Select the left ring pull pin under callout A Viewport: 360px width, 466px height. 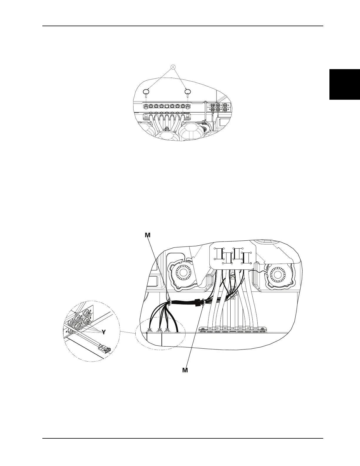(146, 92)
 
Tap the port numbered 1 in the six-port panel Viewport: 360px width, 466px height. (213, 105)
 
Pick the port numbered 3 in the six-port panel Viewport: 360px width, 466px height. (225, 105)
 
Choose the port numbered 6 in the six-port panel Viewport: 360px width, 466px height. (225, 110)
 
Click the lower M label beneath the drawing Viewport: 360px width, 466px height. (185, 370)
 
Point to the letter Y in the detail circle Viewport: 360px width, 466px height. (104, 332)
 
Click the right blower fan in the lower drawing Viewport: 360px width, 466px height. (279, 275)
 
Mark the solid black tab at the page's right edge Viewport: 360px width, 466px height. (345, 84)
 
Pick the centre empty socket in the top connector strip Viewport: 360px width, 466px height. (166, 105)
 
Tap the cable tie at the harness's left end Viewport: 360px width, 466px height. (169, 302)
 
